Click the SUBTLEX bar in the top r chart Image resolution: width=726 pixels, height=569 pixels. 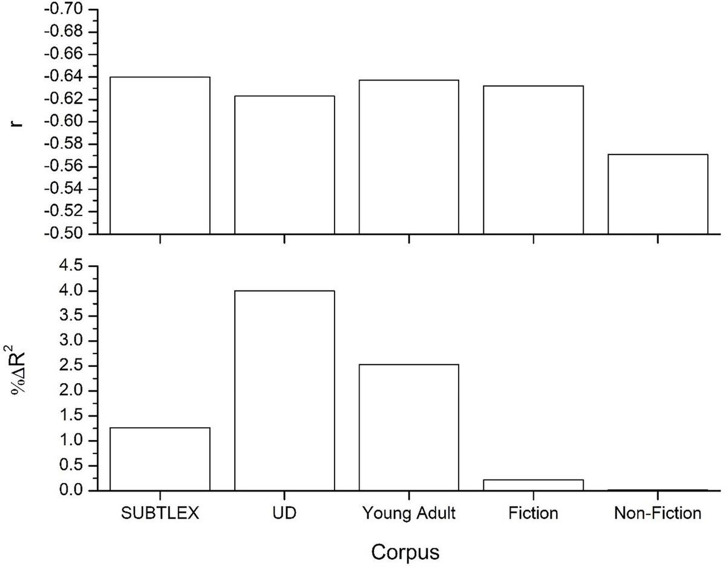160,155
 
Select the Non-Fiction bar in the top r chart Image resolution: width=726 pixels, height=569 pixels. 658,194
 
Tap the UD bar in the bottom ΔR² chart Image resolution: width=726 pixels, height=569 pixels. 284,390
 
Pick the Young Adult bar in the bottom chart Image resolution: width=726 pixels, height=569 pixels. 409,427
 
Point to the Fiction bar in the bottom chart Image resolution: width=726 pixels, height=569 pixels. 533,485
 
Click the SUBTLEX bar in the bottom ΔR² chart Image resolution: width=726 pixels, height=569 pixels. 160,459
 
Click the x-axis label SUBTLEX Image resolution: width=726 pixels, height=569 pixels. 160,514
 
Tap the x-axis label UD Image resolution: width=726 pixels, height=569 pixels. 284,514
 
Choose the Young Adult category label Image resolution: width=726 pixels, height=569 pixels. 409,514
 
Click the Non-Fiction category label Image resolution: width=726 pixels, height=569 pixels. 658,514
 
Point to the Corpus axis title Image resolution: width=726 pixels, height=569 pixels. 405,552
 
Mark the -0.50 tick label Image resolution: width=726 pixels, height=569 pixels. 65,234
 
